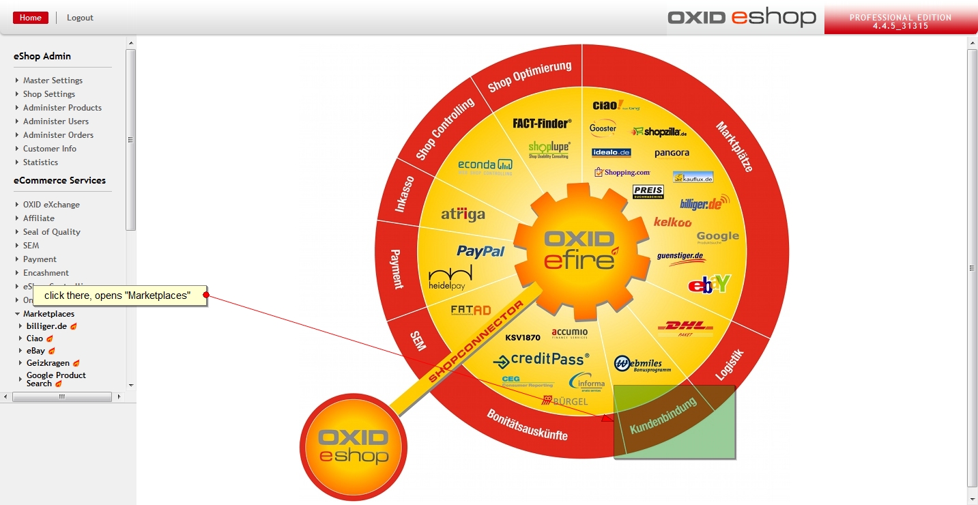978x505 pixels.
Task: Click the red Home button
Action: pyautogui.click(x=31, y=18)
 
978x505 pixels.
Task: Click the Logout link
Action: pyautogui.click(x=80, y=18)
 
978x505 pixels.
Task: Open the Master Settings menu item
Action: pyautogui.click(x=53, y=81)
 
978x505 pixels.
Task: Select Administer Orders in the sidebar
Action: pyautogui.click(x=58, y=135)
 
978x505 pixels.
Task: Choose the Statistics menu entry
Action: pyautogui.click(x=40, y=162)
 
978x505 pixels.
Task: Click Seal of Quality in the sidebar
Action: pyautogui.click(x=51, y=232)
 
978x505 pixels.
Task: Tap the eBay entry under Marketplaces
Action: pyautogui.click(x=35, y=351)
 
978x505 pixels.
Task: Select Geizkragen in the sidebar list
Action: pyautogui.click(x=47, y=363)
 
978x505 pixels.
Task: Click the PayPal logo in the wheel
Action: pyautogui.click(x=480, y=251)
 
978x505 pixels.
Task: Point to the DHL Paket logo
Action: pyautogui.click(x=685, y=329)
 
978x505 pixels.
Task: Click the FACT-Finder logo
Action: pyautogui.click(x=541, y=124)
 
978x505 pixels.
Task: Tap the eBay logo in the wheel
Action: pyautogui.click(x=709, y=284)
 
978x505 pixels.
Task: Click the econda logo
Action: pyautogui.click(x=485, y=166)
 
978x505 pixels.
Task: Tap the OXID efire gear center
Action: pyautogui.click(x=580, y=250)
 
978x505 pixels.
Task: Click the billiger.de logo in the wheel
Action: pyautogui.click(x=704, y=203)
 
